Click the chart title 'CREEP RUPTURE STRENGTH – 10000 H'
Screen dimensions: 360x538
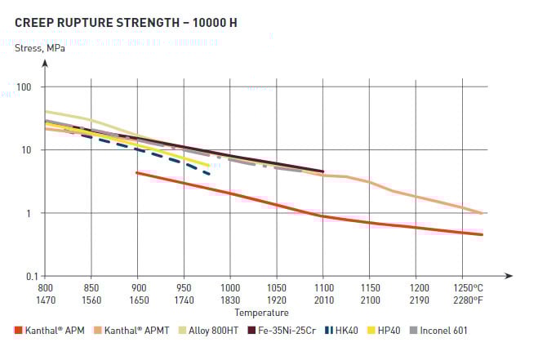(x=126, y=22)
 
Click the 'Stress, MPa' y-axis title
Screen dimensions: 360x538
(x=41, y=48)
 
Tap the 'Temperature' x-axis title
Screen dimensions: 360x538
(x=261, y=313)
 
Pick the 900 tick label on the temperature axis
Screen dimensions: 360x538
(x=138, y=288)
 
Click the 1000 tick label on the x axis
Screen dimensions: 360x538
(x=230, y=288)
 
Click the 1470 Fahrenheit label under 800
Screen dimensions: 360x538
(x=46, y=299)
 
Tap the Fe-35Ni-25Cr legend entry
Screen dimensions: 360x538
(x=286, y=331)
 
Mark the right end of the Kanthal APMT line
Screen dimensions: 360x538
(x=482, y=213)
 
